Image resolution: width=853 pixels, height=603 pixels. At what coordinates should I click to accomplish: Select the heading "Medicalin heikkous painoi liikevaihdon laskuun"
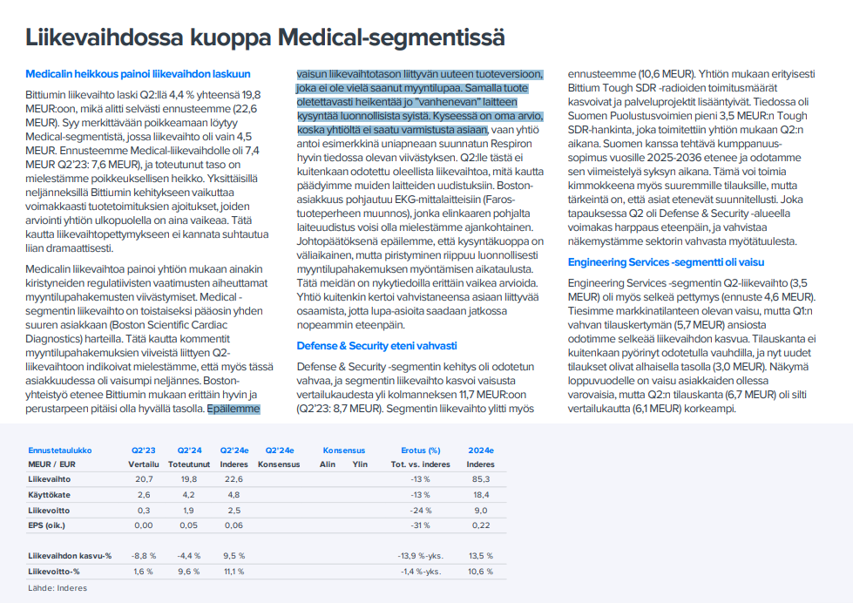pos(138,74)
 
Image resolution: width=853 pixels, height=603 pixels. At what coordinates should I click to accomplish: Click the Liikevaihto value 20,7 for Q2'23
pos(144,479)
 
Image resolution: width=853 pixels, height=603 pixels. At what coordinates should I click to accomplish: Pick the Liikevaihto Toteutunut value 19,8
pos(189,479)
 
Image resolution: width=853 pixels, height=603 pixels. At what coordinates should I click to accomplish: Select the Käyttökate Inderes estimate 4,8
pos(234,494)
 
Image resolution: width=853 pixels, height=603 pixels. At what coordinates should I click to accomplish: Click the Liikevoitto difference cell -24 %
pos(421,509)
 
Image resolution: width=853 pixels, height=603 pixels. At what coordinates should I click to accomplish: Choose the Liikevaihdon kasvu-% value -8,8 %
pos(142,555)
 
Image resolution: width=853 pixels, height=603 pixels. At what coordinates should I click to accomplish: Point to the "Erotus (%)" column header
pos(420,451)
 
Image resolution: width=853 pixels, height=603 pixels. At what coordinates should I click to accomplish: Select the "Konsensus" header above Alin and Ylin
pos(343,451)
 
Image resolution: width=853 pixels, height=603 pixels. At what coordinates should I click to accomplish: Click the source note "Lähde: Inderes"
pos(58,588)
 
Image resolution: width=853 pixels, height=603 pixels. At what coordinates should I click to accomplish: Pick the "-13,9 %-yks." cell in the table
pos(420,555)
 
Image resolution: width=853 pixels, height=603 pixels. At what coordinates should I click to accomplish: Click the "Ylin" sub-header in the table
pos(360,464)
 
